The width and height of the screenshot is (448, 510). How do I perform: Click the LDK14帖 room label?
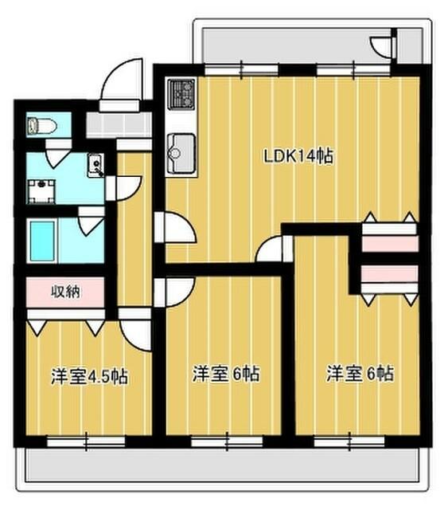click(298, 156)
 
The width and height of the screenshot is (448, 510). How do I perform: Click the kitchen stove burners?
click(180, 94)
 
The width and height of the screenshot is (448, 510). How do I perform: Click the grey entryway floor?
click(116, 124)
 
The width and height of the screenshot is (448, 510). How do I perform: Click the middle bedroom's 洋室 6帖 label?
click(228, 373)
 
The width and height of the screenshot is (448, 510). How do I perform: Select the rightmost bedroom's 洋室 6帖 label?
click(360, 373)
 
